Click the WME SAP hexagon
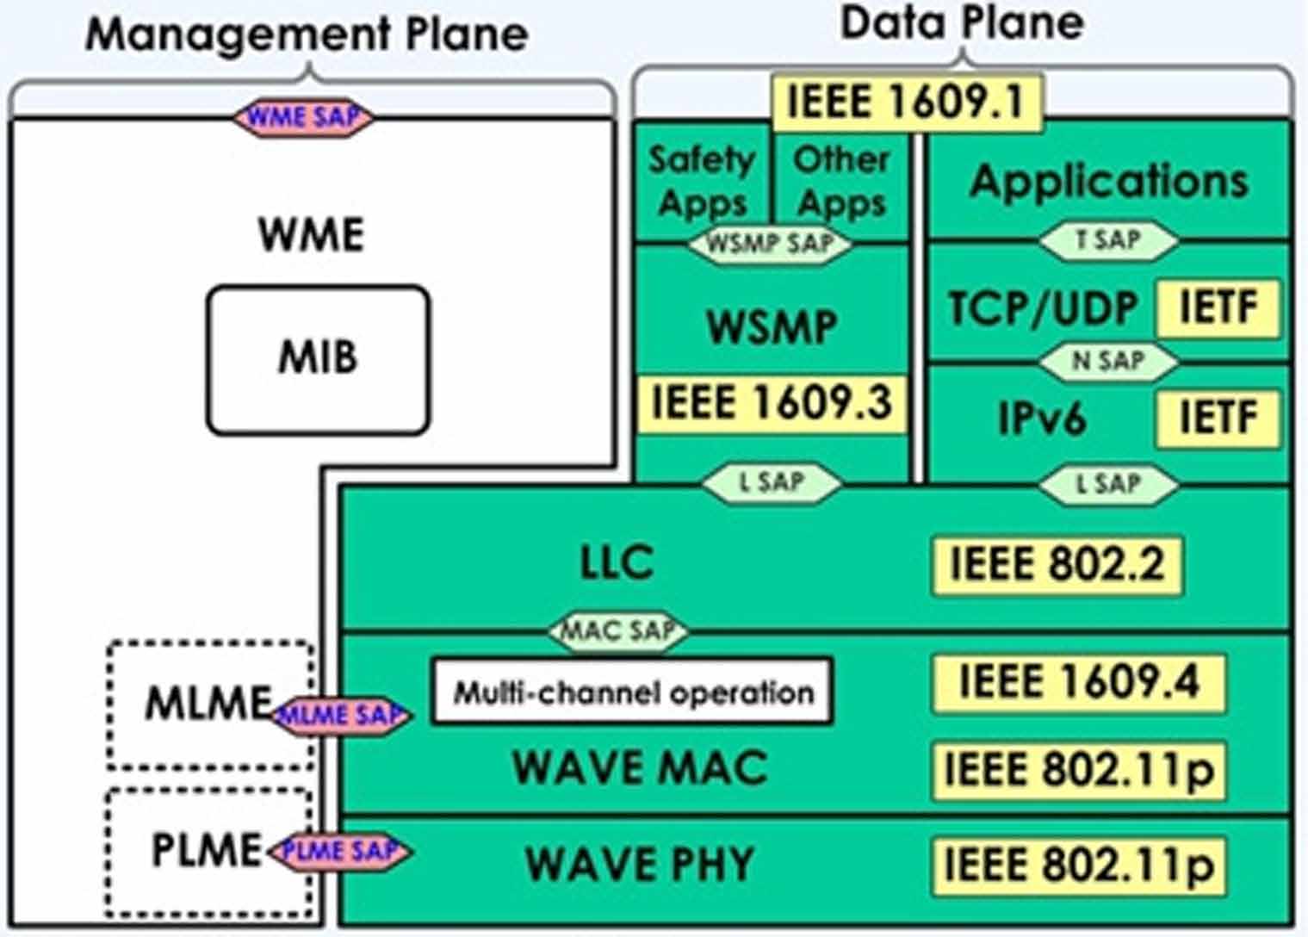pyautogui.click(x=303, y=117)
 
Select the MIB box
pyautogui.click(x=317, y=359)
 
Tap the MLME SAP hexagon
pyautogui.click(x=343, y=715)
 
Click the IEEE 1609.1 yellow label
pyautogui.click(x=906, y=102)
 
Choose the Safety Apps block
pyautogui.click(x=703, y=182)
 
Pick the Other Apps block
pyautogui.click(x=841, y=182)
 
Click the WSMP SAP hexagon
pyautogui.click(x=769, y=245)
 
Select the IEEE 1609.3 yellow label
pyautogui.click(x=771, y=403)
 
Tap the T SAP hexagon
pyautogui.click(x=1107, y=240)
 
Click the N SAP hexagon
pyautogui.click(x=1107, y=362)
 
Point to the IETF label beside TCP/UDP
pyautogui.click(x=1218, y=307)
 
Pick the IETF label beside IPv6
pyautogui.click(x=1218, y=419)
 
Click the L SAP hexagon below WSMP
pyautogui.click(x=772, y=483)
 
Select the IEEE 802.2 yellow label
pyautogui.click(x=1057, y=565)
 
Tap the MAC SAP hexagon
pyautogui.click(x=618, y=631)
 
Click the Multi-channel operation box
pyautogui.click(x=632, y=692)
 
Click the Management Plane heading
pyautogui.click(x=307, y=34)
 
